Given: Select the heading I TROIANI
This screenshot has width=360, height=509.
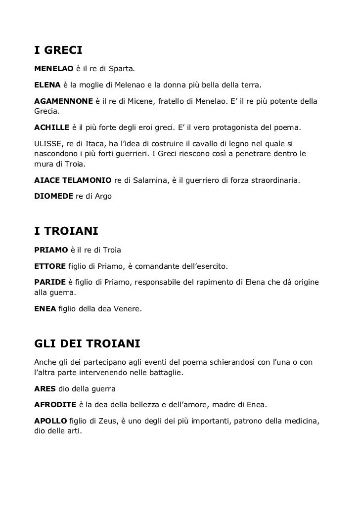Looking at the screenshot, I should click(x=67, y=231).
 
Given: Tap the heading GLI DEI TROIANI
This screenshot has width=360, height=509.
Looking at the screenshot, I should click(x=88, y=343).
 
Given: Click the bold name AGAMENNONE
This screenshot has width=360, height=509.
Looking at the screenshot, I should click(x=63, y=101).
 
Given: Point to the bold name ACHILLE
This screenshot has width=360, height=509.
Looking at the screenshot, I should click(x=52, y=128).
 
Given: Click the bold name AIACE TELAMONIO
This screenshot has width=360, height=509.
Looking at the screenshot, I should click(x=73, y=181).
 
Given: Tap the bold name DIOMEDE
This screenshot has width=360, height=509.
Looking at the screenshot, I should click(x=53, y=196).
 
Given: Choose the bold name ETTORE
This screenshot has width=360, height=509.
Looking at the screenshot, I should click(x=49, y=266).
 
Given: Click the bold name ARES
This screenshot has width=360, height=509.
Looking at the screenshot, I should click(x=45, y=389).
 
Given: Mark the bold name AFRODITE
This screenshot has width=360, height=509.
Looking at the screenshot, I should click(x=55, y=405).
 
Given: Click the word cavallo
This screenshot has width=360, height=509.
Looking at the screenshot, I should click(x=210, y=143).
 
